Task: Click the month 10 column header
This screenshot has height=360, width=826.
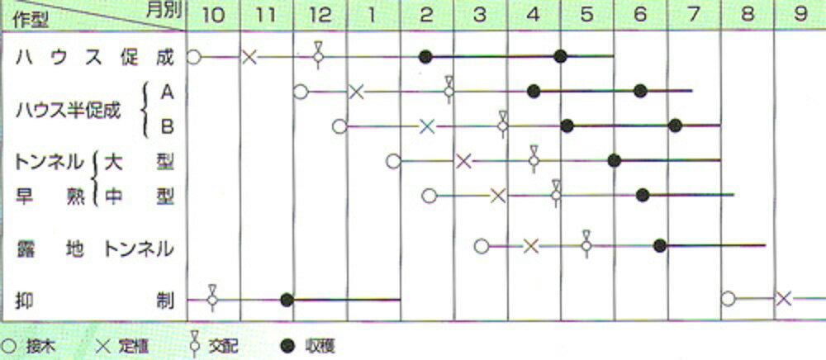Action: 213,15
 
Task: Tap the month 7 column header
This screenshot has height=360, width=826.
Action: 694,15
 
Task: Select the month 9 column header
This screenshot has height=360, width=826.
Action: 800,14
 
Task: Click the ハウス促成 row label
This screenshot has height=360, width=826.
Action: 95,58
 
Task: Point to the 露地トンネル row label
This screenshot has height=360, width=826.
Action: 95,249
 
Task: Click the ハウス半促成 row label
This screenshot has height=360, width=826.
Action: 69,111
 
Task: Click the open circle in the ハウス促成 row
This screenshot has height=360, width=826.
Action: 194,57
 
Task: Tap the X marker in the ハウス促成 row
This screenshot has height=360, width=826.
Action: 249,57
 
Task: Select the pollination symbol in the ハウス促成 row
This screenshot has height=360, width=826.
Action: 318,54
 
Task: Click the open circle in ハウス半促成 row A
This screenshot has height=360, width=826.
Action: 301,92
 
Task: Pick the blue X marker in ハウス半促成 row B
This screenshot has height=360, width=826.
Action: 427,126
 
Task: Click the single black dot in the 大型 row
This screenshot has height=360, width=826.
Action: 615,160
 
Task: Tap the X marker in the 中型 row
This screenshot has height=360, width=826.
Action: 498,196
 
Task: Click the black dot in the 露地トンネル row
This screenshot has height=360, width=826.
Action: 659,245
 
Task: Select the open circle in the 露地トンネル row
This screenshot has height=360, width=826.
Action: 482,246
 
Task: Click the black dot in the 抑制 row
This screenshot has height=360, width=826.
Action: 287,300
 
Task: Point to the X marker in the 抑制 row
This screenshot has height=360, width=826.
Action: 784,299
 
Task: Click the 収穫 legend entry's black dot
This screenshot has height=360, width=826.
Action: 287,346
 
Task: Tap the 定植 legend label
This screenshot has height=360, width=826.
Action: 133,346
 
